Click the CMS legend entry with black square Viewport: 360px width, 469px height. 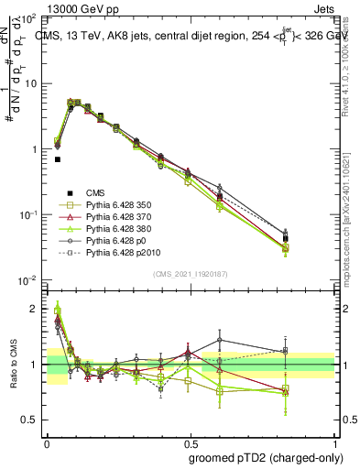coord(96,192)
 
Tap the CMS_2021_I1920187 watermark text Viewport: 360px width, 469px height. coord(190,273)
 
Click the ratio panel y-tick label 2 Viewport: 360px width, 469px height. coord(35,310)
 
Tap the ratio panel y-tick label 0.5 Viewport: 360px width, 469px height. coord(30,420)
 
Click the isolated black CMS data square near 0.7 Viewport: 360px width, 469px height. coord(58,159)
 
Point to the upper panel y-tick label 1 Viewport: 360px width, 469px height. coord(35,148)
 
